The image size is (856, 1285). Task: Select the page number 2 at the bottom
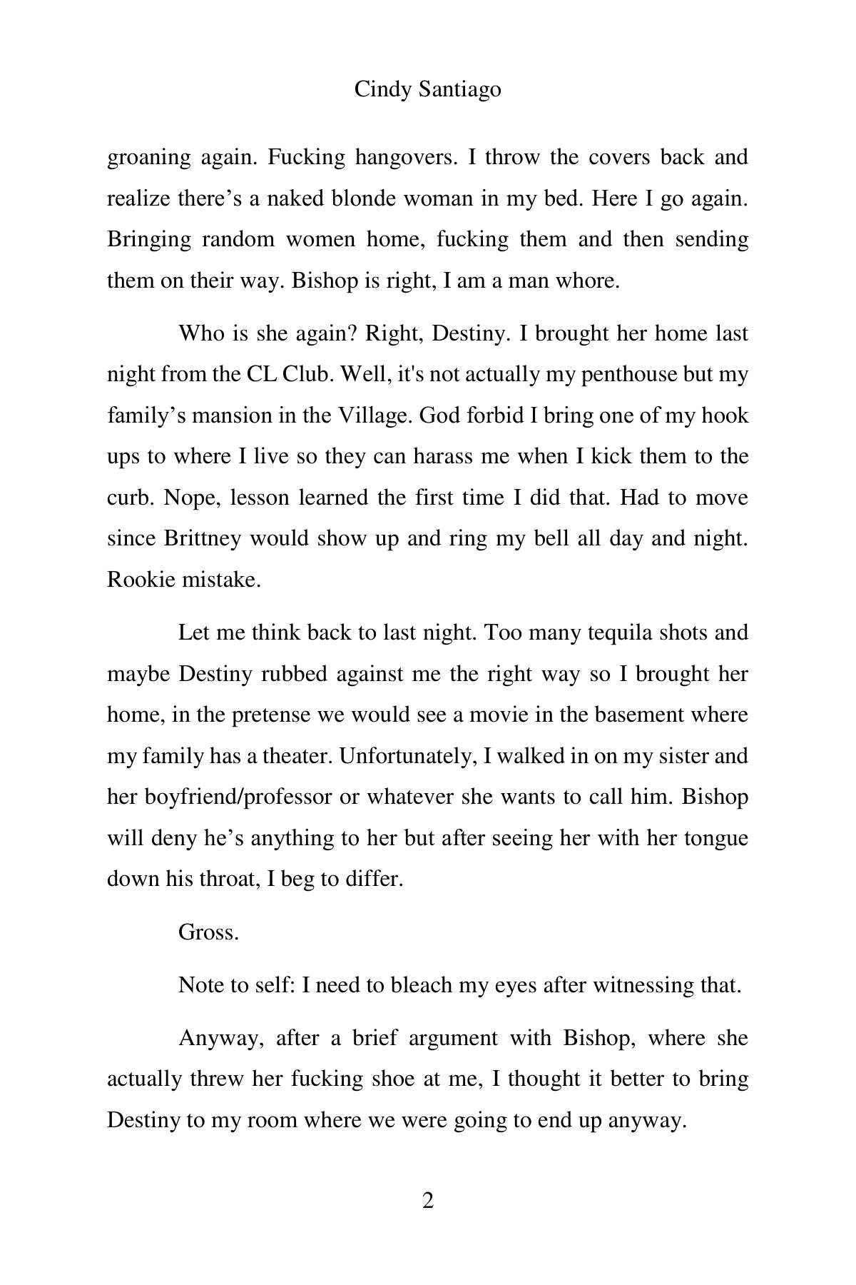[428, 1201]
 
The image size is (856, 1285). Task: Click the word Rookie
[141, 579]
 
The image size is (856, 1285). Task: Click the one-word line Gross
[208, 932]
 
